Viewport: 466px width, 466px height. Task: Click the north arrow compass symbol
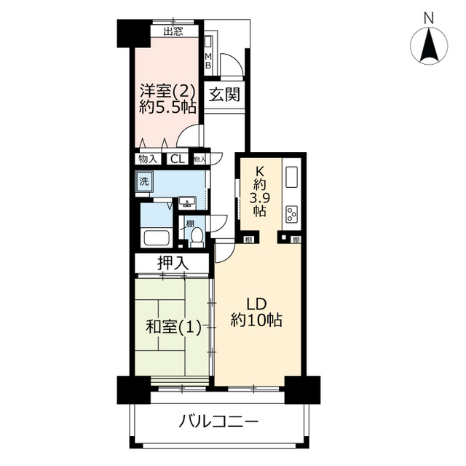pos(429,45)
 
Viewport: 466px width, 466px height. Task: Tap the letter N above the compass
pos(429,18)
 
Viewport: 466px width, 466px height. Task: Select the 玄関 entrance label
pos(224,95)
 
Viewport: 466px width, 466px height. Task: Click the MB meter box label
pos(208,60)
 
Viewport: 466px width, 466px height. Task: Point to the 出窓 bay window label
pos(173,31)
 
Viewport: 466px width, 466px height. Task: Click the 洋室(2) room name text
pos(168,91)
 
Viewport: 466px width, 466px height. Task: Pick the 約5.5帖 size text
pos(168,107)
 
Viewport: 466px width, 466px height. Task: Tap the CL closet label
pos(178,159)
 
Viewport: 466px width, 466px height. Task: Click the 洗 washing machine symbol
pos(144,181)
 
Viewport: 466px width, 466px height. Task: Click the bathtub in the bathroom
pos(157,238)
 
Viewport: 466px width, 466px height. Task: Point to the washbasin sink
pos(187,203)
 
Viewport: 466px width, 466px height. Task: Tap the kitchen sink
pos(291,178)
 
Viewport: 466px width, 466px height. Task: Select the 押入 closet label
pos(173,263)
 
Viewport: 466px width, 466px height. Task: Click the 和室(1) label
pos(173,327)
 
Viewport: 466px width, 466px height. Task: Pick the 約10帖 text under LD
pos(256,320)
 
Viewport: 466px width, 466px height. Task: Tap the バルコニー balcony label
pos(218,422)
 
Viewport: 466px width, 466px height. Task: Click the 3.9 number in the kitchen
pos(259,197)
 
